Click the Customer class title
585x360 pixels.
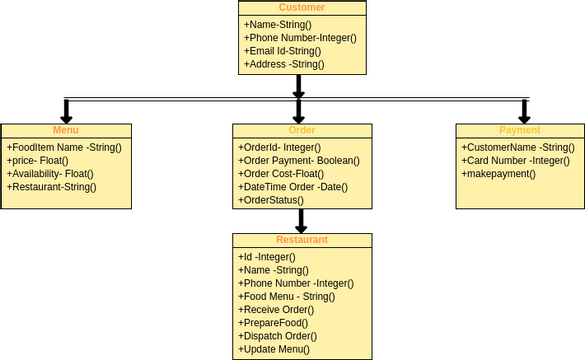(x=302, y=8)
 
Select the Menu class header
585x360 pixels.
(x=66, y=131)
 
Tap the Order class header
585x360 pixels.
(x=302, y=131)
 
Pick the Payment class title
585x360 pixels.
(x=520, y=131)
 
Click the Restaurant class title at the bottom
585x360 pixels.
(x=302, y=240)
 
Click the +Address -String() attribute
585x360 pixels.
(x=284, y=64)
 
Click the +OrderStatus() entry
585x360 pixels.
(x=271, y=200)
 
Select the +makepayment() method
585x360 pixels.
(x=498, y=173)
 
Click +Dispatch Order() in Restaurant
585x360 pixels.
(x=280, y=336)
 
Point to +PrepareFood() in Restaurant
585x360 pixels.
(x=273, y=323)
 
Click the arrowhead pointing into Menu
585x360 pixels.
(x=66, y=115)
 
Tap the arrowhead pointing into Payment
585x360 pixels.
(x=524, y=115)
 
